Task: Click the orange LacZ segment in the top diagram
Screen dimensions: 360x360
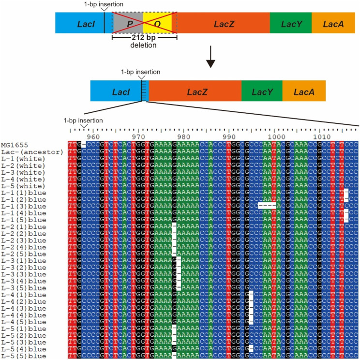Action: click(x=224, y=23)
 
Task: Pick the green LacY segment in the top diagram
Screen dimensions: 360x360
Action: click(x=290, y=23)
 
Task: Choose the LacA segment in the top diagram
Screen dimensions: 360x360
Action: click(x=333, y=23)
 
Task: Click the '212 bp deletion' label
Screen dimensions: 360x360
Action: click(x=143, y=42)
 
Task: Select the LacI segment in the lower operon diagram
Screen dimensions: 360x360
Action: click(x=116, y=91)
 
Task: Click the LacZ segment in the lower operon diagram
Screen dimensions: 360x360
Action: click(x=194, y=91)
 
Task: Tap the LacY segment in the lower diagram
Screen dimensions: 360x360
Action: click(x=262, y=91)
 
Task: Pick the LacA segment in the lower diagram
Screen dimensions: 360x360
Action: click(x=304, y=91)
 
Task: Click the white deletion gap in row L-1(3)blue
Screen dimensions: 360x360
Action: click(x=267, y=206)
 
